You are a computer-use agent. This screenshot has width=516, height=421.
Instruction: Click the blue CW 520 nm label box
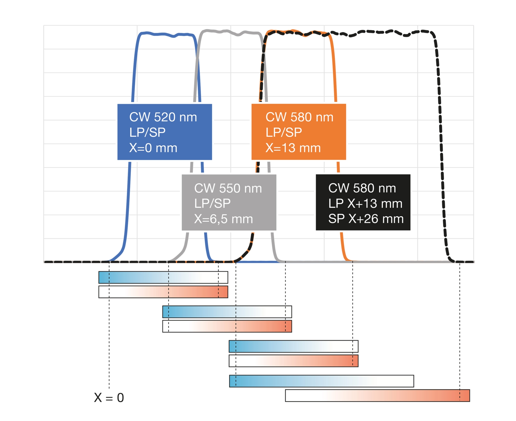point(164,132)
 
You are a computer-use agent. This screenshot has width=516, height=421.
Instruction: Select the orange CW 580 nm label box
point(298,132)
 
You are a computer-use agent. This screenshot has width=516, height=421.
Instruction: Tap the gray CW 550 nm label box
point(229,202)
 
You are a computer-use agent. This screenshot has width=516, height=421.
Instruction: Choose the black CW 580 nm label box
point(363,202)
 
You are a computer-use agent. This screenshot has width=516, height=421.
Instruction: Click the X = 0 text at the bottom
point(109,397)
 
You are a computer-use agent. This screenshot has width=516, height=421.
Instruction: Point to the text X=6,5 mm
point(223,219)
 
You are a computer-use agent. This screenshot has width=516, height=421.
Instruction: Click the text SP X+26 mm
point(366,219)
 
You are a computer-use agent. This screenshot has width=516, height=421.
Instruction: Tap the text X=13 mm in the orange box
point(293,148)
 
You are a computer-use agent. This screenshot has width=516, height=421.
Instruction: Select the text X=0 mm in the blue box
point(153,148)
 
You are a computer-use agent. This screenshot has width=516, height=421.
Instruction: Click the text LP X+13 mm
point(365,203)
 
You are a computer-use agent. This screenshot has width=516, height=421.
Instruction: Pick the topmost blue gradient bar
point(163,277)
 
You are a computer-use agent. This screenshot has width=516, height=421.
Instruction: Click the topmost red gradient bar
point(163,292)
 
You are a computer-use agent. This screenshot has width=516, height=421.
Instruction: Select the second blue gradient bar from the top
point(227,312)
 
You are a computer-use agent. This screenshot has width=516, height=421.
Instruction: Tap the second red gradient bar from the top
point(227,326)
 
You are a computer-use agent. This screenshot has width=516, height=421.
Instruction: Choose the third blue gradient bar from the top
point(293,346)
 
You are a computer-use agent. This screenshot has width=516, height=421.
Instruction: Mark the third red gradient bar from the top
point(293,361)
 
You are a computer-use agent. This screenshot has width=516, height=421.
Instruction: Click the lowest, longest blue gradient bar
point(321,381)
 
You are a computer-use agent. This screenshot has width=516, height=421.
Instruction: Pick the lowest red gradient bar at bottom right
point(377,395)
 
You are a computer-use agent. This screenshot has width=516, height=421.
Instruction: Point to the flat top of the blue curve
point(167,34)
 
